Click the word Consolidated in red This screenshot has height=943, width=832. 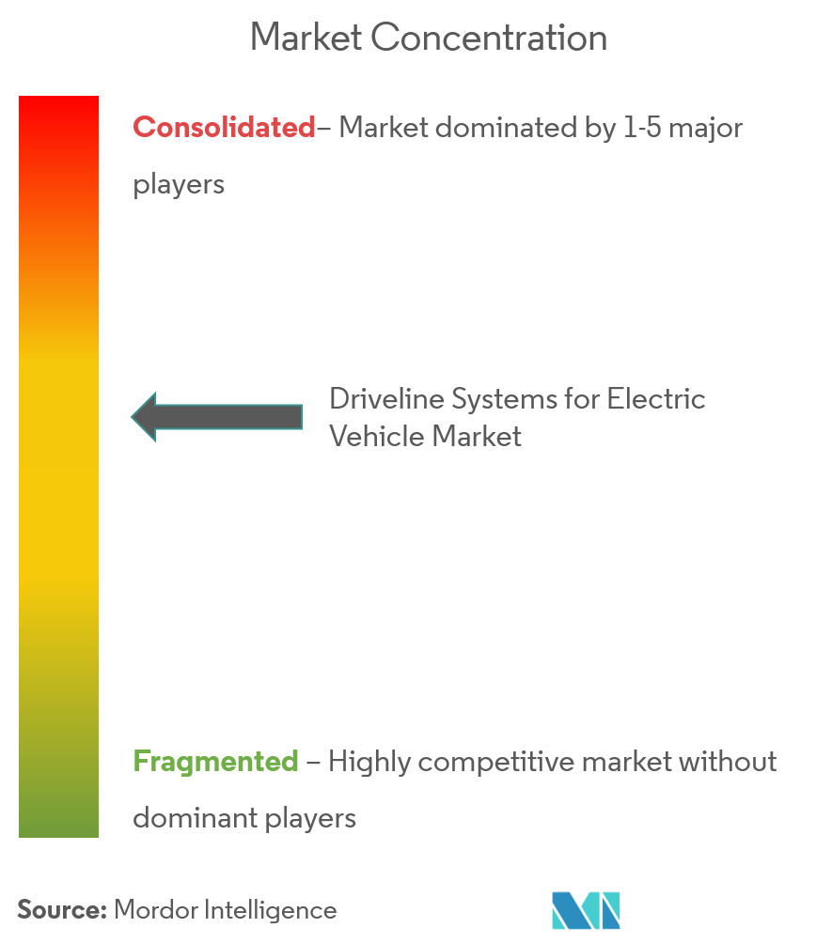224,128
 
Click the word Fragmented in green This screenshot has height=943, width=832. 215,762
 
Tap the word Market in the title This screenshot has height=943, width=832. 306,38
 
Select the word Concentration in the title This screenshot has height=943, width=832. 489,38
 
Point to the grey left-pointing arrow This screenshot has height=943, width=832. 217,417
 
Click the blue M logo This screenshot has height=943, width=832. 586,910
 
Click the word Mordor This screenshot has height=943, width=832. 155,910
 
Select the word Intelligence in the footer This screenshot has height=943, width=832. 271,910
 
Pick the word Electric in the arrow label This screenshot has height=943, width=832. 655,399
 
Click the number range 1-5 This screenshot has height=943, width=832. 642,128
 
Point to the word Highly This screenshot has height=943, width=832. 369,763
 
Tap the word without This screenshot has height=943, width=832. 728,762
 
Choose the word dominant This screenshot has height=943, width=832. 195,818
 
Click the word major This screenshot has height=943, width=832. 706,129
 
